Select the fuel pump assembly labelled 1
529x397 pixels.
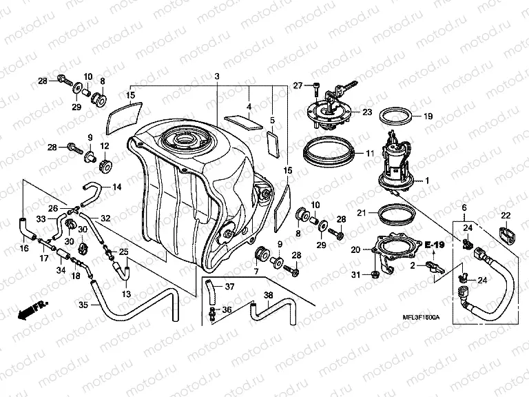click(396, 165)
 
